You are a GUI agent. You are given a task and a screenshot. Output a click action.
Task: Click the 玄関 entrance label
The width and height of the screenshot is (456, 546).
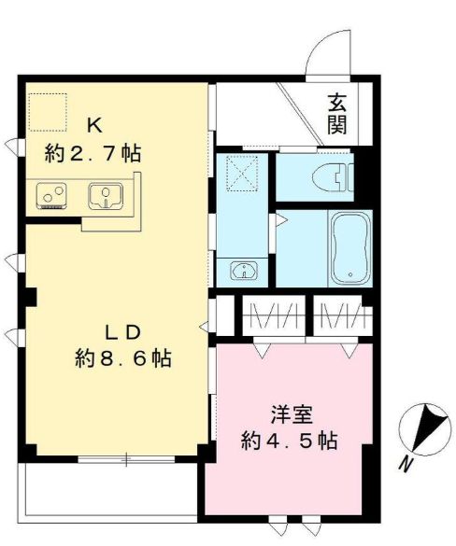pos(336,113)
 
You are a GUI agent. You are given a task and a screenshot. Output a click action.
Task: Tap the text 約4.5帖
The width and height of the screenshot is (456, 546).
pos(287,439)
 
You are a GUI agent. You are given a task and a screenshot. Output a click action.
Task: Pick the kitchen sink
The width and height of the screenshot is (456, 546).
pos(106,197)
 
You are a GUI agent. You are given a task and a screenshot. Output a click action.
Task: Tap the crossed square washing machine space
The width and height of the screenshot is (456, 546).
pos(244,173)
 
